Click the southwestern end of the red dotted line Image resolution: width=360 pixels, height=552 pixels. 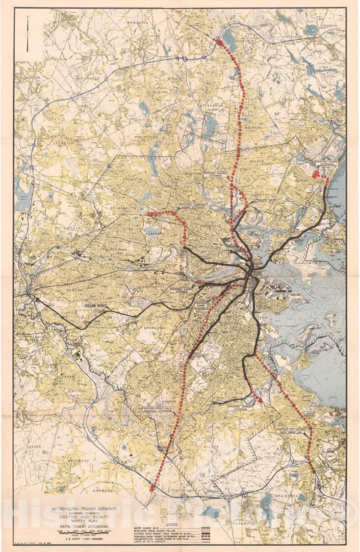tap(153, 487)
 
